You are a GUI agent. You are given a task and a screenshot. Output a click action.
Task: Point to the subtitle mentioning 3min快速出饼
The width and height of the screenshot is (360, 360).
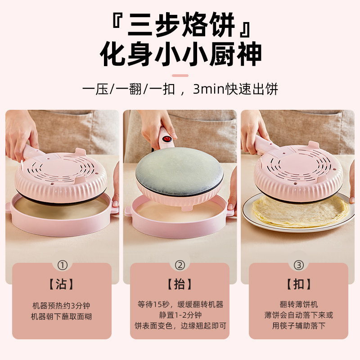coord(180,89)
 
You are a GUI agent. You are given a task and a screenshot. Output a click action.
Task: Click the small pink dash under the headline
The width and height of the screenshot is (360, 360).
coord(180,75)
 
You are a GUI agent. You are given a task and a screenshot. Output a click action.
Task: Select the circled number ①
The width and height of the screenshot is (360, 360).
coord(62,265)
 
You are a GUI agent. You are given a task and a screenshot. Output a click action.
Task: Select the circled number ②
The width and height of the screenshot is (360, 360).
coord(180,265)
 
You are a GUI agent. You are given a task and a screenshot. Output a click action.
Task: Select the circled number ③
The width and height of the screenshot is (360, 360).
coord(298,265)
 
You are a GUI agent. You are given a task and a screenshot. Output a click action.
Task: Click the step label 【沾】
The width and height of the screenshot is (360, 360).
coord(62,284)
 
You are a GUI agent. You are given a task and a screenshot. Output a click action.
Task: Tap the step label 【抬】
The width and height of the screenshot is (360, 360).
coord(180,284)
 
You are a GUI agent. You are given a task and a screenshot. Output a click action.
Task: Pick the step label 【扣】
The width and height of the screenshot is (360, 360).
coord(298,284)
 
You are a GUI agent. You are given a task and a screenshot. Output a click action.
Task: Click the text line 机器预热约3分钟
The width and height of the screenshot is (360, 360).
coord(62,306)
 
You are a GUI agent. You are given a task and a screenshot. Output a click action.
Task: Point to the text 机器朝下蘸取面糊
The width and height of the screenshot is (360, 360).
coord(62,316)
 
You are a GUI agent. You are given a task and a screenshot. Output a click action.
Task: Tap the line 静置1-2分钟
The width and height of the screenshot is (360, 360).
coord(180,315)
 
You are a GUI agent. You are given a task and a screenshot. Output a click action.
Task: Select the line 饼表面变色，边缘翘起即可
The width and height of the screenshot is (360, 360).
coord(180,325)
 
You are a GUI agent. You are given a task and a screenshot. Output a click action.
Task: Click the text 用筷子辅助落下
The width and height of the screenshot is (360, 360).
coord(298,325)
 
